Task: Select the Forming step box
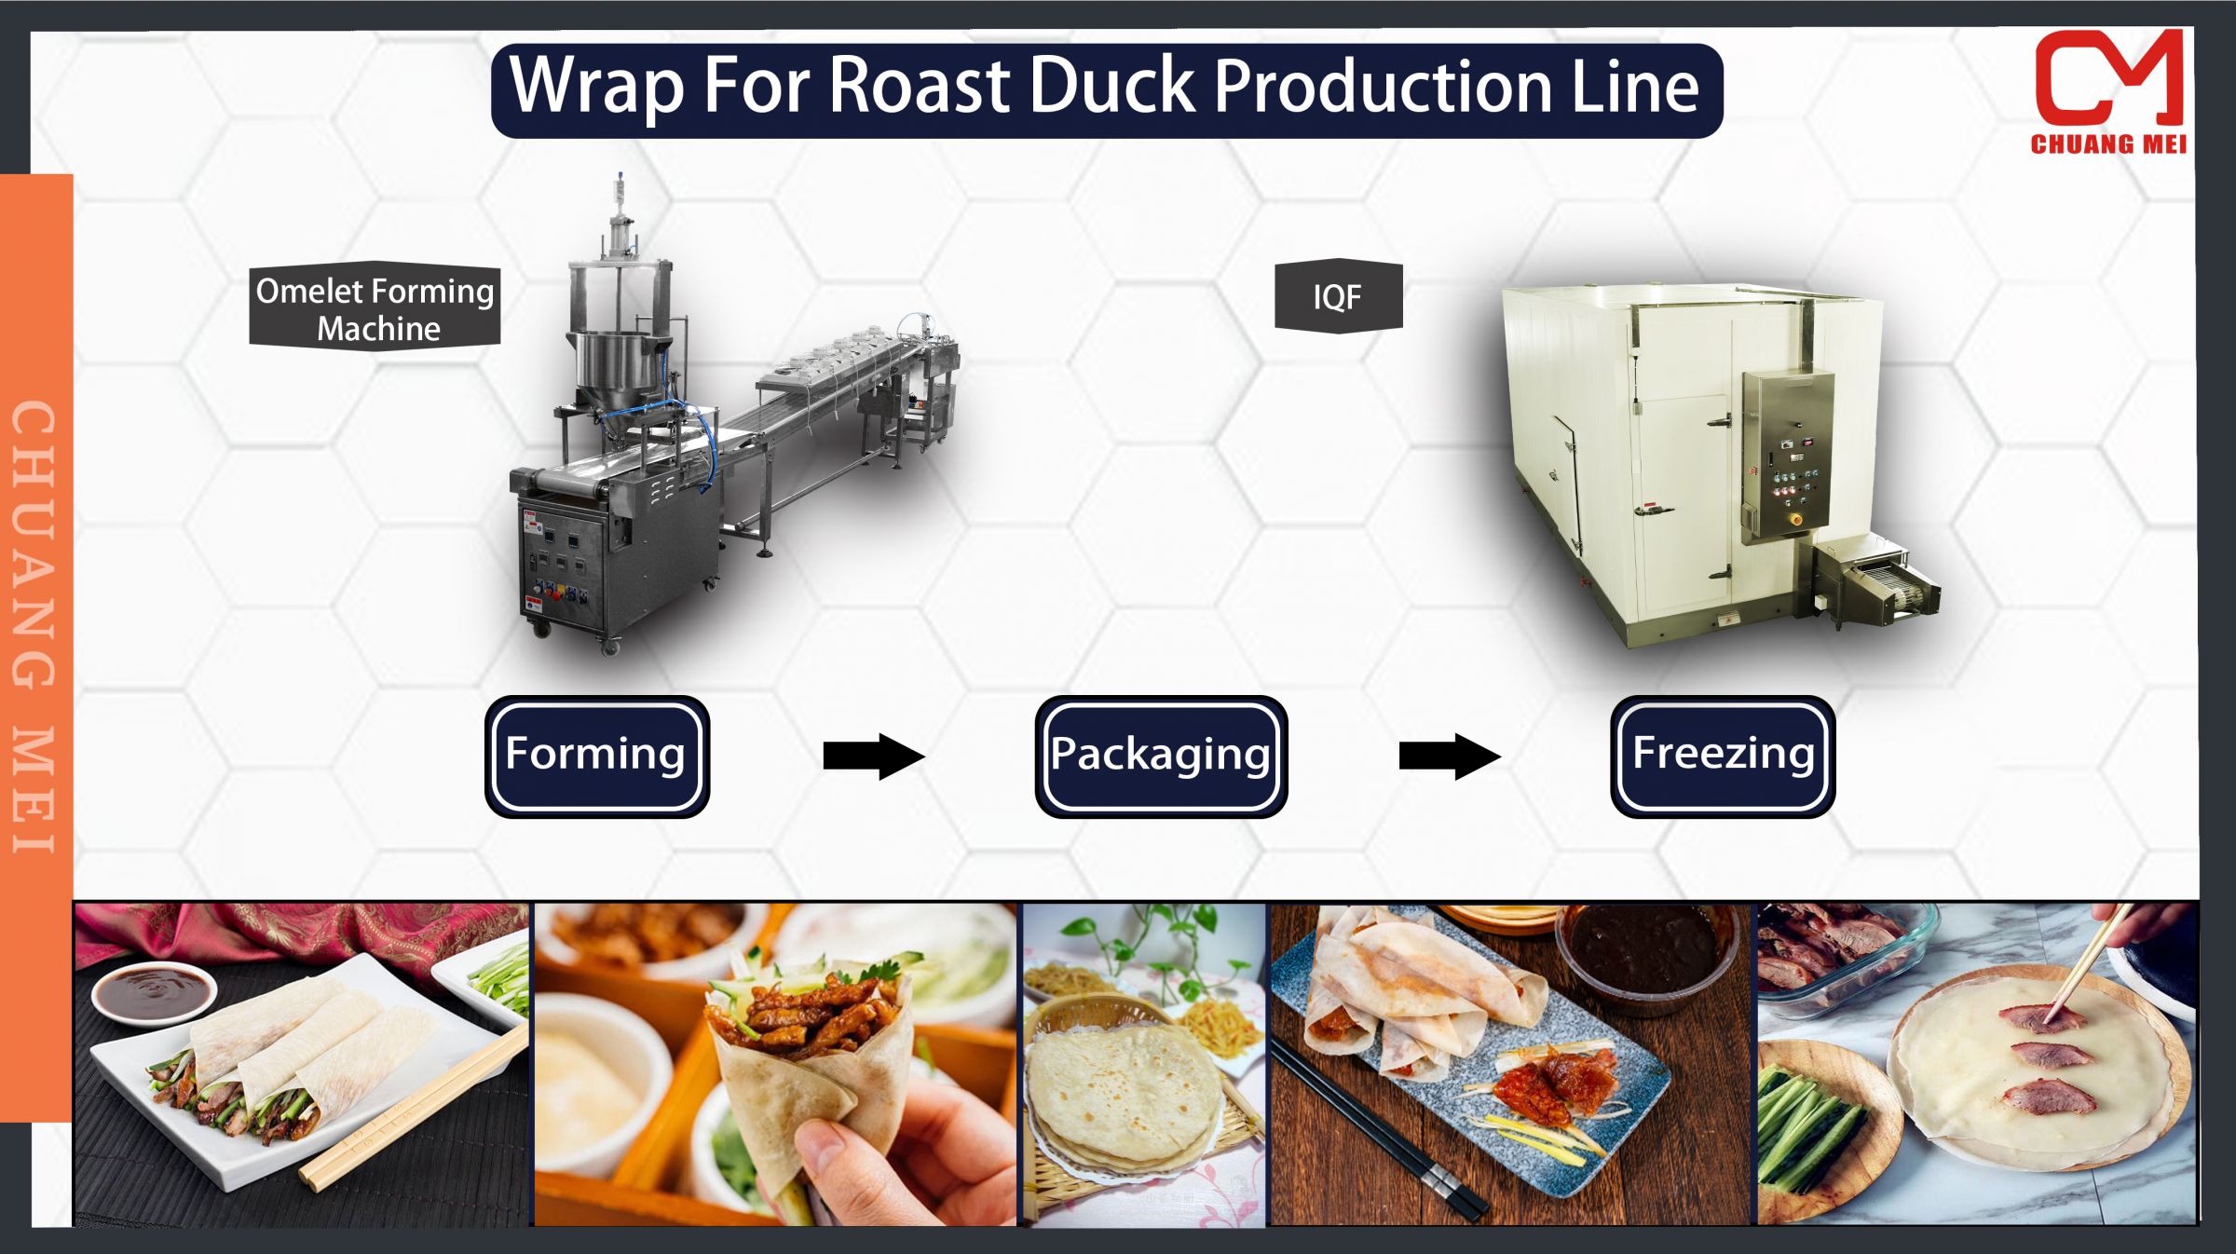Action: (x=596, y=756)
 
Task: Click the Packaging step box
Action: (x=1161, y=756)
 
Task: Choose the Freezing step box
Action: (x=1723, y=756)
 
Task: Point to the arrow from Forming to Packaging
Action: (x=873, y=756)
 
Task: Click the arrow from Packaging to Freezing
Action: (x=1449, y=756)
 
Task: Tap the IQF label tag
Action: (x=1338, y=296)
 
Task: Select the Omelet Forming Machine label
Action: (x=375, y=308)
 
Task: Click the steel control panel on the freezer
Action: (x=1788, y=456)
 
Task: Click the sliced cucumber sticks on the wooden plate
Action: (x=1812, y=1127)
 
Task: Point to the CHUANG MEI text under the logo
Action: (x=2107, y=143)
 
